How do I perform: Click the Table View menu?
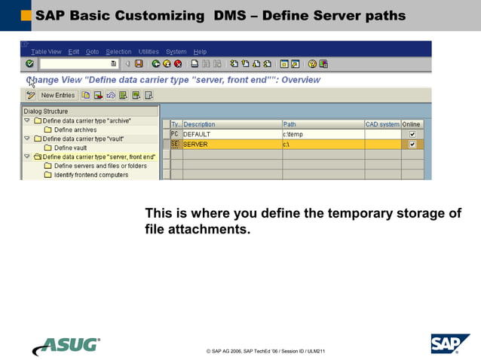pyautogui.click(x=46, y=52)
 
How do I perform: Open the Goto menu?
pyautogui.click(x=92, y=52)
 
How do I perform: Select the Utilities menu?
pyautogui.click(x=149, y=52)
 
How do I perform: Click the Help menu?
pyautogui.click(x=200, y=52)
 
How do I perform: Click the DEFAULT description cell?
pyautogui.click(x=231, y=134)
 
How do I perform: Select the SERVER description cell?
pyautogui.click(x=231, y=144)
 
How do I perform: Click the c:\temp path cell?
pyautogui.click(x=322, y=134)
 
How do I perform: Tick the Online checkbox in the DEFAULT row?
pyautogui.click(x=412, y=134)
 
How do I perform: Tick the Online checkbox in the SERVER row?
pyautogui.click(x=412, y=144)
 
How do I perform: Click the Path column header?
pyautogui.click(x=322, y=124)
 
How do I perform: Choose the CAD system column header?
pyautogui.click(x=382, y=124)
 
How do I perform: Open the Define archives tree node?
pyautogui.click(x=75, y=130)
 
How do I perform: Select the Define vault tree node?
pyautogui.click(x=70, y=148)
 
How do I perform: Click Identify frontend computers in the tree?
pyautogui.click(x=90, y=175)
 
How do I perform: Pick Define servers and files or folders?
pyautogui.click(x=100, y=166)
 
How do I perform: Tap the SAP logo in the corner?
pyautogui.click(x=450, y=343)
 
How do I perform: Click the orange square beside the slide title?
pyautogui.click(x=26, y=15)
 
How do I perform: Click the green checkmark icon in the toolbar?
pyautogui.click(x=29, y=64)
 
